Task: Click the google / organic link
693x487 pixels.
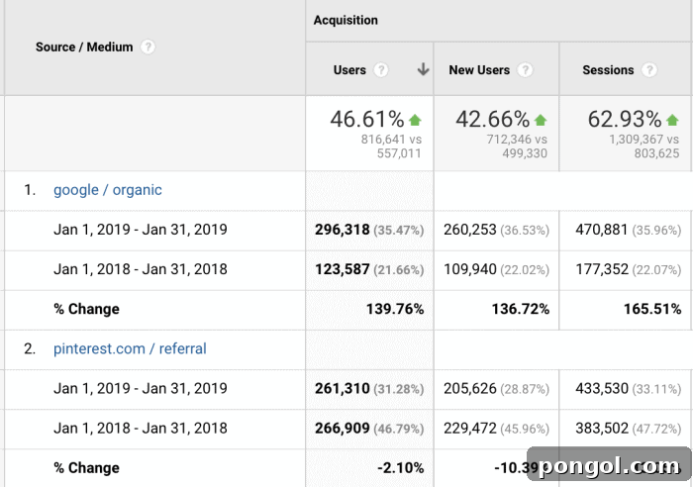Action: click(108, 190)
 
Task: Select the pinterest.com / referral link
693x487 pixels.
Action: click(130, 348)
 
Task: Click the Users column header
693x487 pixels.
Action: click(349, 70)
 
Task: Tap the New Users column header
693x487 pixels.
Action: click(479, 70)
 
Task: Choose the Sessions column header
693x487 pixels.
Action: click(608, 70)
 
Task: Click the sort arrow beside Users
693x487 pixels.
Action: click(423, 70)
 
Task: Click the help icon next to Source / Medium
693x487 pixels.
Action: click(148, 47)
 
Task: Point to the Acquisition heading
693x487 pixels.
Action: click(346, 20)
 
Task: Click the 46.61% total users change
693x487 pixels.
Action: click(367, 120)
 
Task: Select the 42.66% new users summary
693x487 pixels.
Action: click(493, 120)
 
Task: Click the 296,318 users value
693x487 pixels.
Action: click(342, 230)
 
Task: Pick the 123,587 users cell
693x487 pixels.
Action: click(342, 269)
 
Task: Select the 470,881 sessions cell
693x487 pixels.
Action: click(608, 230)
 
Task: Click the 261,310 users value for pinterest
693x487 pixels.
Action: click(342, 388)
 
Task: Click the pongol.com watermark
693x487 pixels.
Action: click(608, 466)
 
